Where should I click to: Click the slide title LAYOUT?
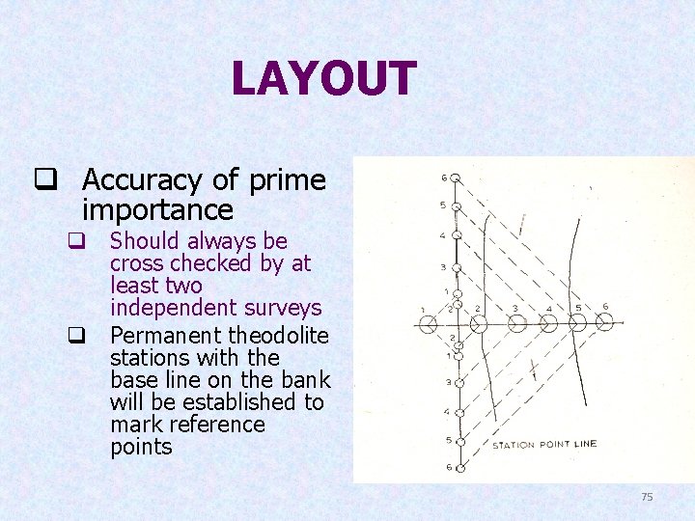(x=323, y=79)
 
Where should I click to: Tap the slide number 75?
(x=647, y=497)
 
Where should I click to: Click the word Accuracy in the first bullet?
(x=142, y=179)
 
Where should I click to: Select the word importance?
(x=157, y=209)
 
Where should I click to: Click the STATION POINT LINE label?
(x=544, y=445)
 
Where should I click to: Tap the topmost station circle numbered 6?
(x=457, y=178)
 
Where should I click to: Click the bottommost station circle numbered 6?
(x=459, y=468)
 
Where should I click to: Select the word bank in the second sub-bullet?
(x=306, y=380)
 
